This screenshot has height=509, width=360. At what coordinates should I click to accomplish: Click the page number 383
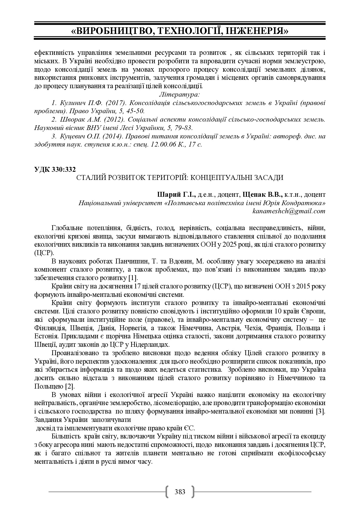pos(180,492)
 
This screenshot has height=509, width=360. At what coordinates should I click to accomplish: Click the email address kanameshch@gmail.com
pos(289,211)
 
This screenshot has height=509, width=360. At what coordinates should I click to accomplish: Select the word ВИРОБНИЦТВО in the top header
pos(113,31)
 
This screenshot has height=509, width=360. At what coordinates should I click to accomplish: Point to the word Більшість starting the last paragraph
pos(66,436)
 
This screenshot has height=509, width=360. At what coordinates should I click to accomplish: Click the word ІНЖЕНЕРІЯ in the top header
pos(257,31)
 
